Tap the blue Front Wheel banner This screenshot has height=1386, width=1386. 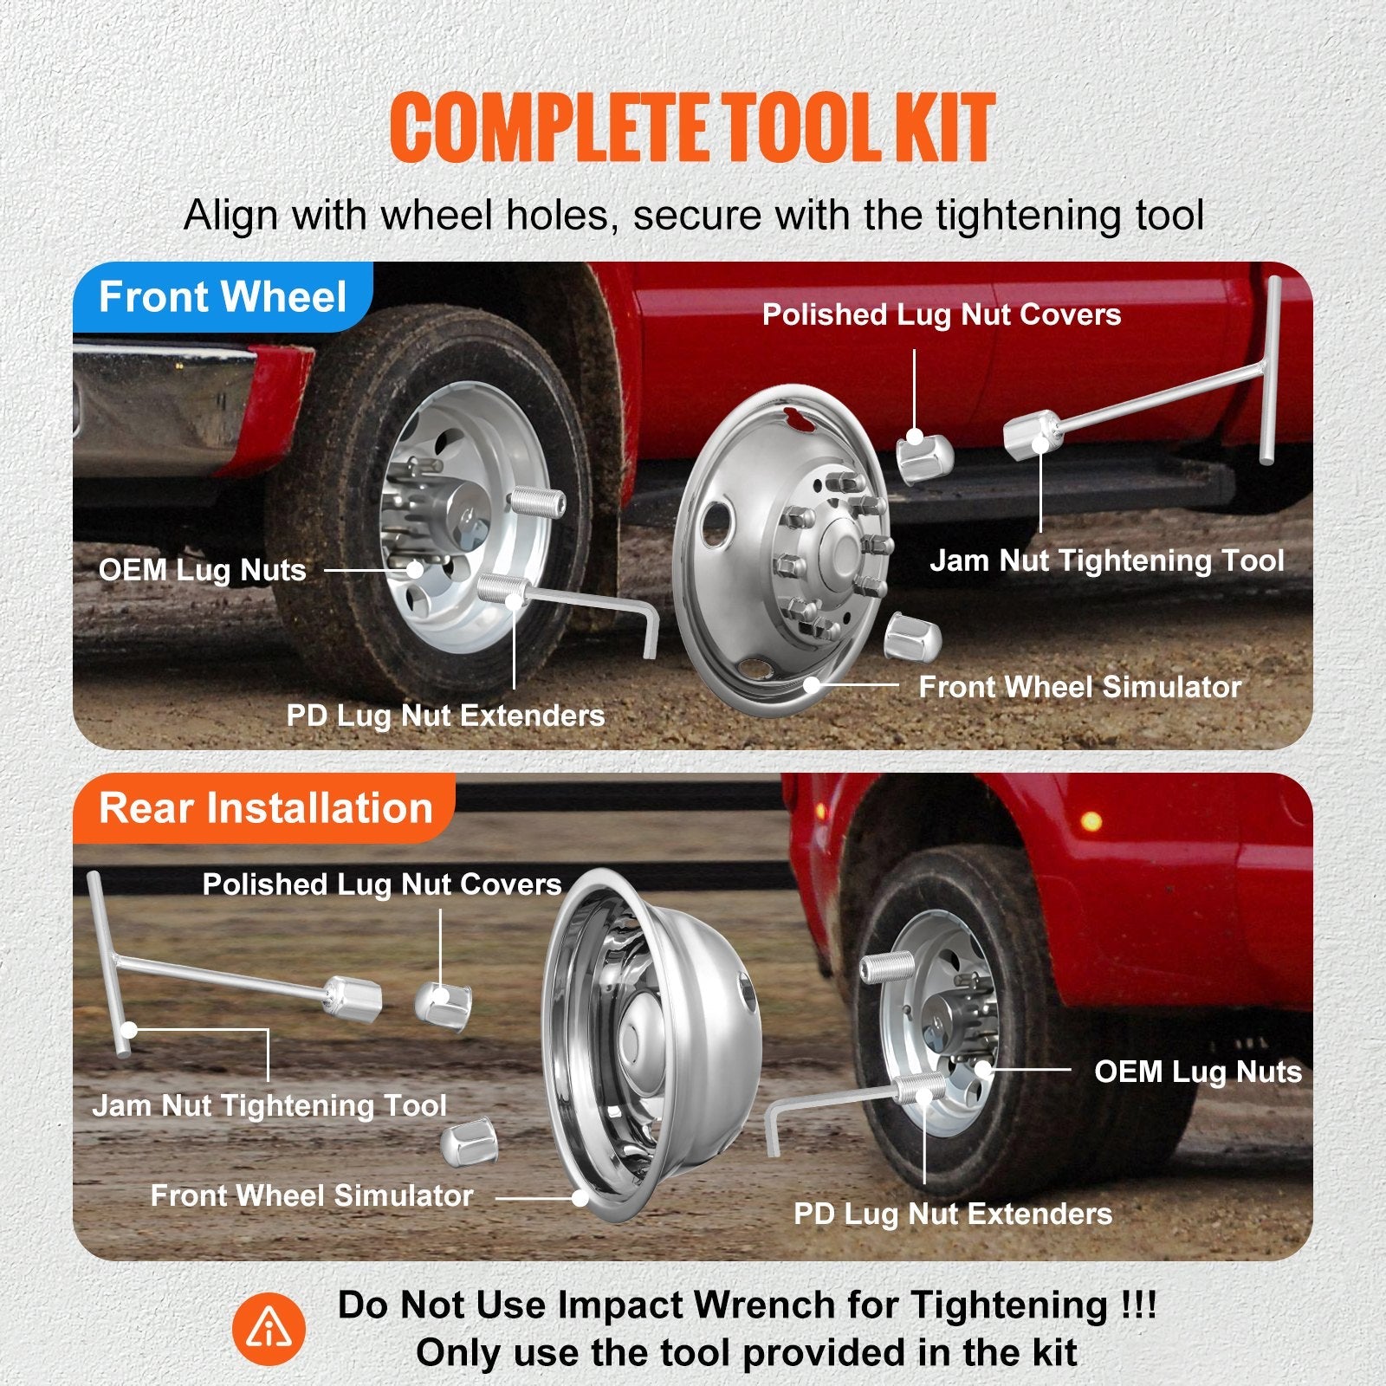tap(223, 297)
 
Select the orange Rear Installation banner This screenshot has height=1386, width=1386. tap(265, 807)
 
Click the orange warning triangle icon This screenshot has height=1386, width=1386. tap(269, 1329)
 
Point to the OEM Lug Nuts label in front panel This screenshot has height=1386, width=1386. tap(203, 570)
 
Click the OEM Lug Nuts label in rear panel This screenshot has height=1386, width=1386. tap(1197, 1072)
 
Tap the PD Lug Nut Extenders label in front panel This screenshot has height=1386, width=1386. tap(445, 716)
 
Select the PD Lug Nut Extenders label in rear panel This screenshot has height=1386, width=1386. tap(953, 1214)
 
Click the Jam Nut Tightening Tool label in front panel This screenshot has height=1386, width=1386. tap(1106, 560)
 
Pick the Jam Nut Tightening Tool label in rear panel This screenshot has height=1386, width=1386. tap(269, 1105)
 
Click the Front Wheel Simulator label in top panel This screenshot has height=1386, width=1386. tap(1079, 687)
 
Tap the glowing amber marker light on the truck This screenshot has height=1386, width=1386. tap(1092, 819)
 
